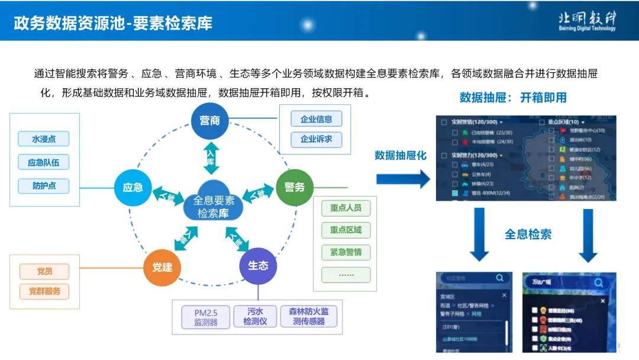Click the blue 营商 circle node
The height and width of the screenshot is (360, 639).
click(210, 121)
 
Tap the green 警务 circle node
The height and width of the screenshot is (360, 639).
click(295, 187)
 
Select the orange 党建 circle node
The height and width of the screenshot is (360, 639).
click(162, 267)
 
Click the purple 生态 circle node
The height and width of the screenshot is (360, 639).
click(258, 266)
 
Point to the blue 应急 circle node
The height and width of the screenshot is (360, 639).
click(133, 188)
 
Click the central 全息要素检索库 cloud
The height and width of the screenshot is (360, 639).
click(214, 205)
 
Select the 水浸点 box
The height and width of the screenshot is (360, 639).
click(44, 139)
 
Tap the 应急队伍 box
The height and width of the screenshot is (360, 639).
click(44, 162)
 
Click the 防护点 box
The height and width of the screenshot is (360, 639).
click(44, 185)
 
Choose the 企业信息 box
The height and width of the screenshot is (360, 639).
click(317, 119)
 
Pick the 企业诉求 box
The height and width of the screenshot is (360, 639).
click(317, 140)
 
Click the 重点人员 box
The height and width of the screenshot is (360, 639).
click(346, 208)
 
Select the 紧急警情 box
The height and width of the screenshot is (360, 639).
click(346, 252)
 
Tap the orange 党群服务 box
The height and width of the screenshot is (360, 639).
click(44, 291)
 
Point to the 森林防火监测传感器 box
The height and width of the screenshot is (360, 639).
click(308, 317)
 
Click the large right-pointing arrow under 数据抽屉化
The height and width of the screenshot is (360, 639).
click(403, 178)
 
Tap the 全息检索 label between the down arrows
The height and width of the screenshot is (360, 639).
click(528, 234)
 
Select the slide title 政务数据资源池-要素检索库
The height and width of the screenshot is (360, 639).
click(113, 23)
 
